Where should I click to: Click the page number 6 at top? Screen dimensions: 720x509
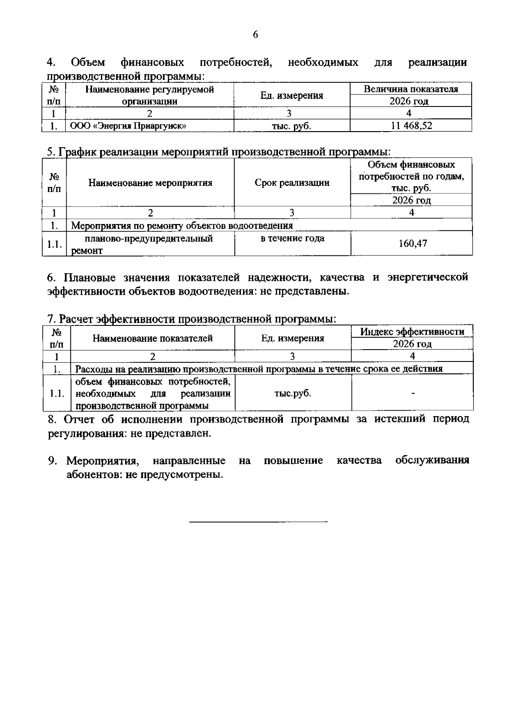[255, 35]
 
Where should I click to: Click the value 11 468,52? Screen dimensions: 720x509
[411, 126]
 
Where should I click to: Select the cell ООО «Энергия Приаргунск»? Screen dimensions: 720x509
[128, 126]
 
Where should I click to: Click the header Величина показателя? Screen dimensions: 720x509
[411, 89]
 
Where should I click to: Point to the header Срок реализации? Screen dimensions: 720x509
[292, 183]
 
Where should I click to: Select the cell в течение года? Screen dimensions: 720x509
[292, 238]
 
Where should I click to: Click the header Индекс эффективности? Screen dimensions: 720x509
[412, 332]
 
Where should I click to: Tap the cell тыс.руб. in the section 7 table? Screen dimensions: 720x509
[293, 393]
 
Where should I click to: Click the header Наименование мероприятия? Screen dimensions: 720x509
[150, 183]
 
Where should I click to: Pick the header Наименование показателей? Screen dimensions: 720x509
[153, 338]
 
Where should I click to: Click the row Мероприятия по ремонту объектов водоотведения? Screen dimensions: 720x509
[182, 225]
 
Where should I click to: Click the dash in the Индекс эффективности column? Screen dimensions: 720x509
[412, 394]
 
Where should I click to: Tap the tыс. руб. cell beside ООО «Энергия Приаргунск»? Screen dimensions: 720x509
[291, 126]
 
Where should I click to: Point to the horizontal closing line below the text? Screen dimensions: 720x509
[258, 521]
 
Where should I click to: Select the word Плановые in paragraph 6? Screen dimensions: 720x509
[88, 277]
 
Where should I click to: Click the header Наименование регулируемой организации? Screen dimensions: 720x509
[150, 95]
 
